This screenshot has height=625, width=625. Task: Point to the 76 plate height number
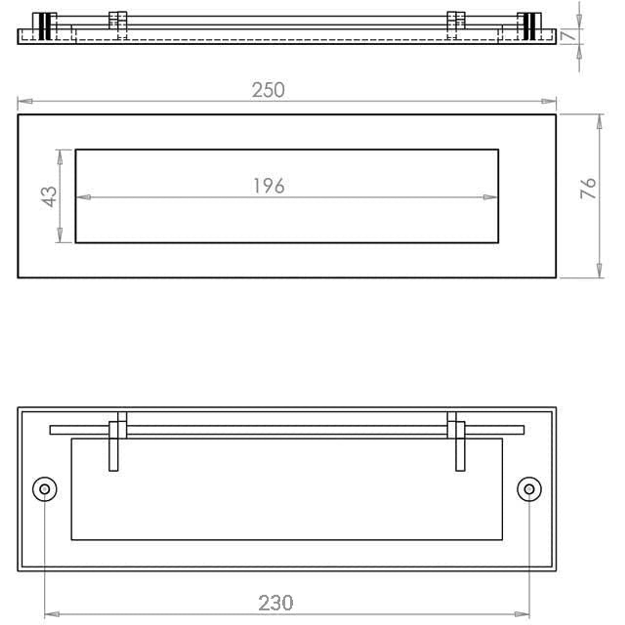[x=588, y=188]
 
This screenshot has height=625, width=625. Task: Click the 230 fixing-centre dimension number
[x=276, y=603]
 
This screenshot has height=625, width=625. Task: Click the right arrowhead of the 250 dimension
[x=549, y=101]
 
